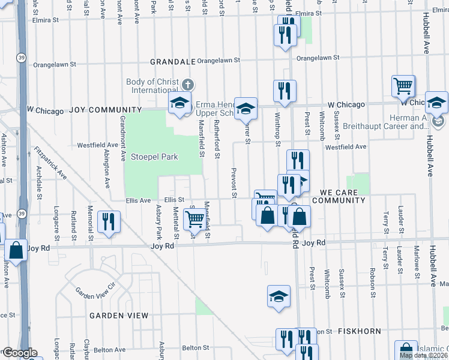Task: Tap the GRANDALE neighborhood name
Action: [173, 61]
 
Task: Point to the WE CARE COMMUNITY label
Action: [338, 196]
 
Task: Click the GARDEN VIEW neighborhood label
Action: [119, 315]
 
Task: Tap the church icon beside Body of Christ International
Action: [188, 84]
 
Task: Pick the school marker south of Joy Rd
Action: [278, 296]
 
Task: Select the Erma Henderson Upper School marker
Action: [245, 108]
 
